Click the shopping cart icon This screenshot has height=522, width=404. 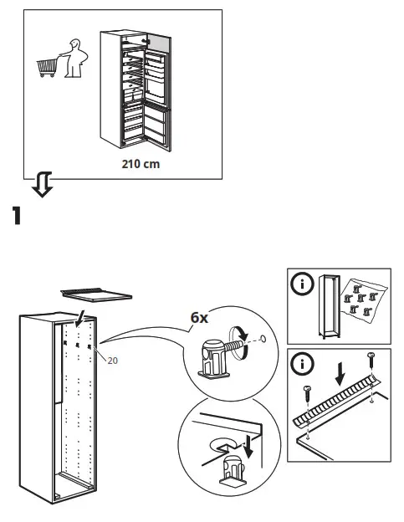pos(49,66)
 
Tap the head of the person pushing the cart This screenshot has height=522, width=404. pos(75,47)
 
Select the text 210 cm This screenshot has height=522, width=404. pos(140,164)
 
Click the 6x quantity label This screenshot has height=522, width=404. pos(199,319)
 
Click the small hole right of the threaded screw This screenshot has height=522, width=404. pos(263,340)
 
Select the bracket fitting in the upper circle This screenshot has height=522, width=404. pos(215,355)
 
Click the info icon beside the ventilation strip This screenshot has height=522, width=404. pos(300,366)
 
